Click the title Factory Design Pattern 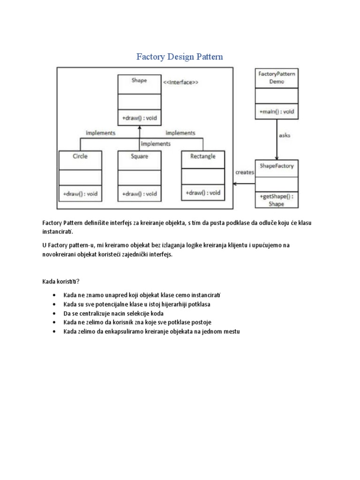[180, 57]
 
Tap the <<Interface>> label [180, 82]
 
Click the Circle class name [80, 156]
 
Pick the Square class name [139, 156]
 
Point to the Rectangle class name [203, 156]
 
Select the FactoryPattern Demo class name [277, 78]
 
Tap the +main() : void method [277, 112]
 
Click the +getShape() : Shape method [277, 200]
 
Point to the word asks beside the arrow [285, 135]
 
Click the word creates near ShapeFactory [244, 172]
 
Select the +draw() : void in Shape [139, 119]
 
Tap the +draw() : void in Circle [80, 194]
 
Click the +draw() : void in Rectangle [203, 193]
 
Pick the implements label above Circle [100, 133]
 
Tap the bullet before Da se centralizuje [55, 314]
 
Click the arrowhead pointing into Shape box [139, 127]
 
